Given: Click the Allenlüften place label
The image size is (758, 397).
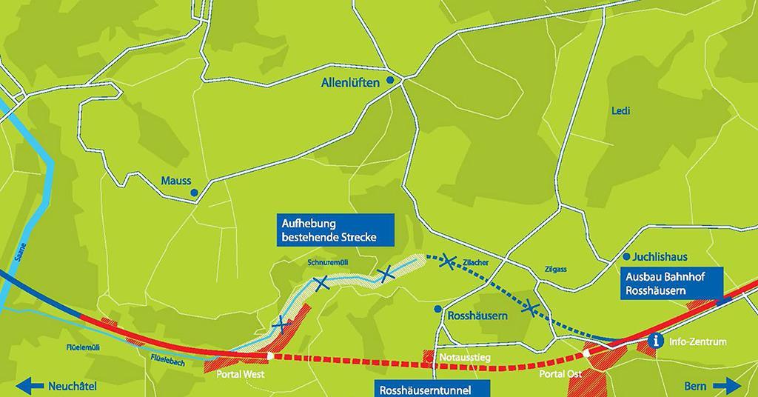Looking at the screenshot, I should click(x=350, y=83).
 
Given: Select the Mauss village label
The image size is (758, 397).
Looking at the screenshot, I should click(x=176, y=180).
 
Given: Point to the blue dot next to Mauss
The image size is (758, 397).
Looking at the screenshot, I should click(x=194, y=193).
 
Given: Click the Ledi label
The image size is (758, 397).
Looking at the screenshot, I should click(x=620, y=111).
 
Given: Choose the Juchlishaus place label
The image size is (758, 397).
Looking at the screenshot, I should click(x=661, y=257).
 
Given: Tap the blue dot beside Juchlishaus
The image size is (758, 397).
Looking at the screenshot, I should click(x=627, y=256).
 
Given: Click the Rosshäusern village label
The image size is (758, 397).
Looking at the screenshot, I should click(x=477, y=316).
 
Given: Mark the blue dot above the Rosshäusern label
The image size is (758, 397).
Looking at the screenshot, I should click(x=438, y=308).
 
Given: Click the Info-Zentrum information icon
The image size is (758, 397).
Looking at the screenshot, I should click(x=654, y=341).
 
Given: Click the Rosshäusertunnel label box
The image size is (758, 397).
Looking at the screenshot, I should click(x=421, y=389).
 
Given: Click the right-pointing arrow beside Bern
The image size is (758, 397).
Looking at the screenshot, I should click(x=728, y=386).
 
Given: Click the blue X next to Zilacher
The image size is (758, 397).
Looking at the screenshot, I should click(x=447, y=261).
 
